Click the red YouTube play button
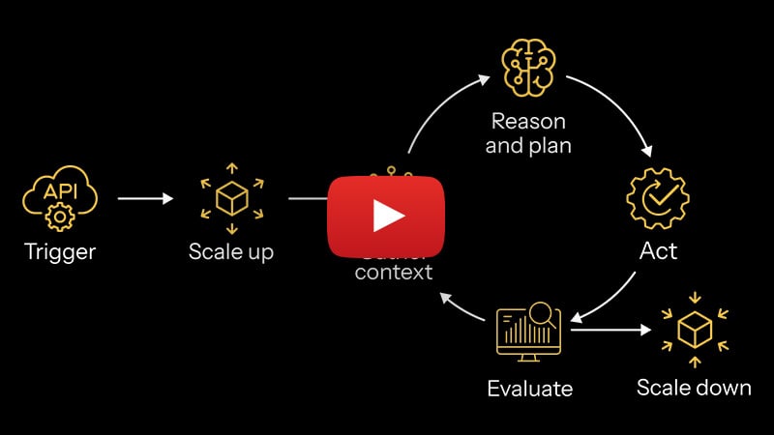387,216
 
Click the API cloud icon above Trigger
60,197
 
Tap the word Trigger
60,253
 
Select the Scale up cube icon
231,199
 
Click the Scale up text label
231,253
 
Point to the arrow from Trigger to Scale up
145,199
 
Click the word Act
658,251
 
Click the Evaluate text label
529,390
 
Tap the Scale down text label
694,388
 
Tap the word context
394,273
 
